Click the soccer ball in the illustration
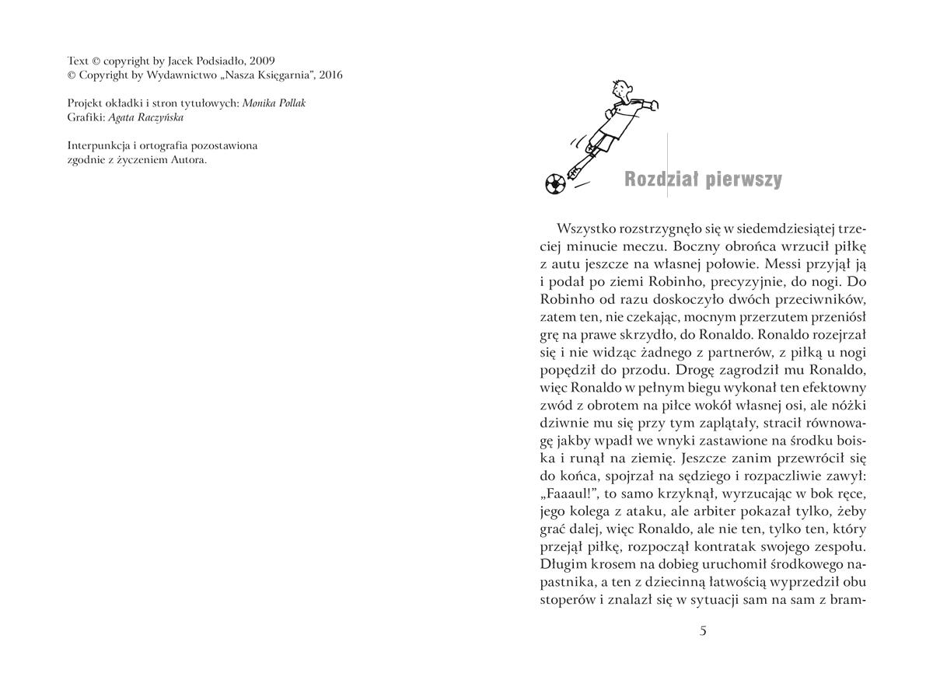tap(554, 184)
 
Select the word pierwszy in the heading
tap(744, 180)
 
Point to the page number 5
tap(703, 630)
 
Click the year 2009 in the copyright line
tap(262, 61)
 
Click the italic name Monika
tap(259, 103)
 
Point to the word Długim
tap(562, 564)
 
